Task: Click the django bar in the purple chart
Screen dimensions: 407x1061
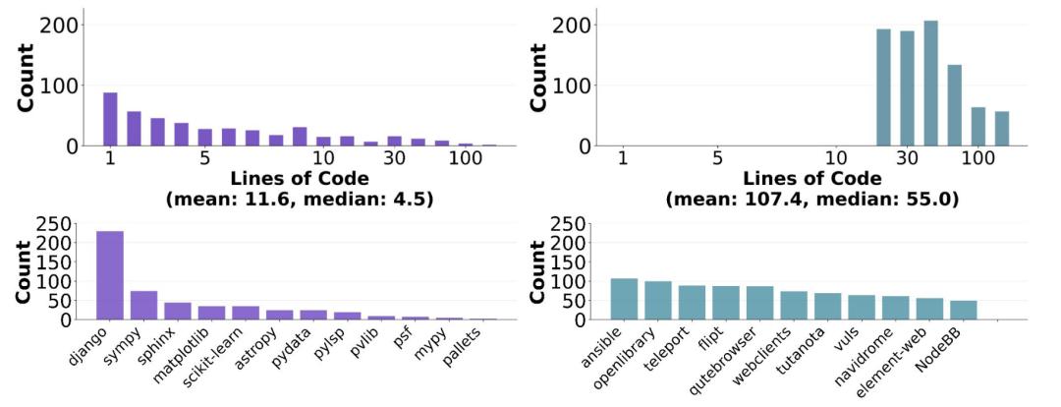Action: pyautogui.click(x=109, y=275)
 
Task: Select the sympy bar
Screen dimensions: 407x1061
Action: pyautogui.click(x=143, y=305)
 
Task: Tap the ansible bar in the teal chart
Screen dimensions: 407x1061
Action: pyautogui.click(x=624, y=299)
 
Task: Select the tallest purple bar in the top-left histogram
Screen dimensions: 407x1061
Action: pyautogui.click(x=110, y=119)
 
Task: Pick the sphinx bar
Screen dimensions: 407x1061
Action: pyautogui.click(x=178, y=311)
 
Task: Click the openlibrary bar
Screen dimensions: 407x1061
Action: pyautogui.click(x=658, y=300)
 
